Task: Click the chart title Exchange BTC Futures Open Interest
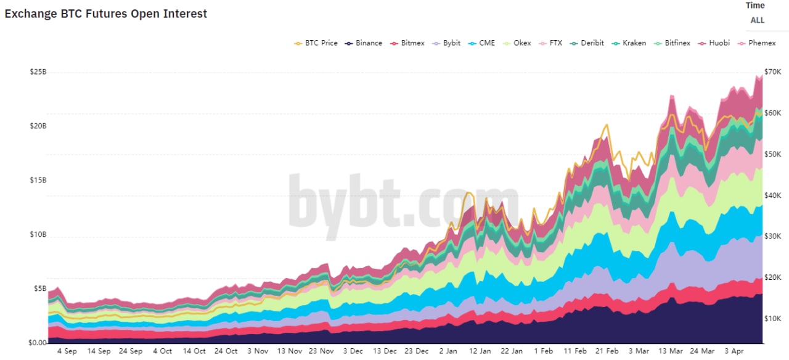(106, 14)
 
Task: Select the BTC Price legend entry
(316, 43)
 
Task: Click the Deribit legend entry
(591, 43)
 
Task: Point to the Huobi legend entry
(714, 43)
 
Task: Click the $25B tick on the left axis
(38, 72)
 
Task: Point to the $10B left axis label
(38, 235)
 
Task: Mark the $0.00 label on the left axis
(38, 343)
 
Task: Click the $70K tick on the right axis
(772, 72)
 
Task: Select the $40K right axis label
(772, 195)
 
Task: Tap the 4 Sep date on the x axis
(67, 351)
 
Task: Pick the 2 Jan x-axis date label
(448, 351)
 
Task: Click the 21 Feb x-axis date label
(607, 351)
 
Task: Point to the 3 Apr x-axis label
(735, 351)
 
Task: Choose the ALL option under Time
(757, 20)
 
